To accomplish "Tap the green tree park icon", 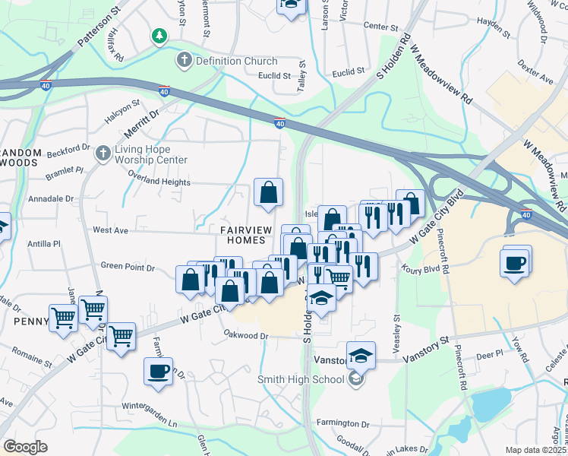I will (159, 36).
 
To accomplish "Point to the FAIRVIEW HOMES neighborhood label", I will (243, 234).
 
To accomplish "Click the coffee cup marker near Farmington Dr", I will (158, 372).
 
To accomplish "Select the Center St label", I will (380, 27).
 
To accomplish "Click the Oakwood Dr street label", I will (247, 335).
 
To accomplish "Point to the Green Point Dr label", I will (128, 268).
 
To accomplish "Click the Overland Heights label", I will (159, 182).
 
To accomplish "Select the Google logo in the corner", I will (25, 447).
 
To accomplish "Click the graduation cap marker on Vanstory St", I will (361, 355).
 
